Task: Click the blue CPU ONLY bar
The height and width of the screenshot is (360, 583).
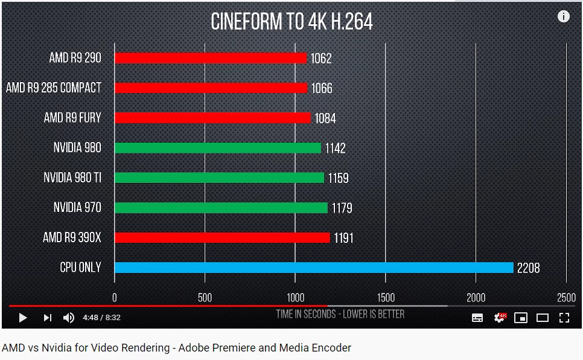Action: (x=314, y=268)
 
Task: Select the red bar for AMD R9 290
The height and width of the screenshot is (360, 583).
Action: (x=211, y=58)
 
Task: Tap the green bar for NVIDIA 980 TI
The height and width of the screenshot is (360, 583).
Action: (x=219, y=178)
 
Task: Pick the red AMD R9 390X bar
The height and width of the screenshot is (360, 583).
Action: (x=222, y=237)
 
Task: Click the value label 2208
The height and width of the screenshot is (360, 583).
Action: (x=529, y=268)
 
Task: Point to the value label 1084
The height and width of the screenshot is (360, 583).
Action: (x=325, y=118)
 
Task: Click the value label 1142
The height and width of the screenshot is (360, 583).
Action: (x=335, y=148)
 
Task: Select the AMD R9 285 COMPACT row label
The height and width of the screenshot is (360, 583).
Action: (x=54, y=88)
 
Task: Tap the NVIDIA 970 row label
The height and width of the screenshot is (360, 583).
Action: (x=77, y=208)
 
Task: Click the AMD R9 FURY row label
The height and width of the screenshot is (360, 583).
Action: (x=72, y=118)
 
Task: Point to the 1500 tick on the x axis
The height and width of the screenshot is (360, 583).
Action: (x=386, y=297)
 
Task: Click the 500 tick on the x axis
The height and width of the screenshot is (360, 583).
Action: (x=205, y=297)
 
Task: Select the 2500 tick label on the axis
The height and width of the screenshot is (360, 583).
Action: (x=566, y=297)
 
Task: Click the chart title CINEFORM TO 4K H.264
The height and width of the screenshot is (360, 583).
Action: (x=291, y=22)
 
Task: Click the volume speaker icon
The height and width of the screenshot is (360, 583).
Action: (x=69, y=317)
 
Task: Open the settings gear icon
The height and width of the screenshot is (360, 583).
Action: (x=499, y=317)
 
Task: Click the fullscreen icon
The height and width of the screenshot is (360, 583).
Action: (x=564, y=317)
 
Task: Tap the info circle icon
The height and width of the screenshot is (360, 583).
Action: (x=564, y=16)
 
